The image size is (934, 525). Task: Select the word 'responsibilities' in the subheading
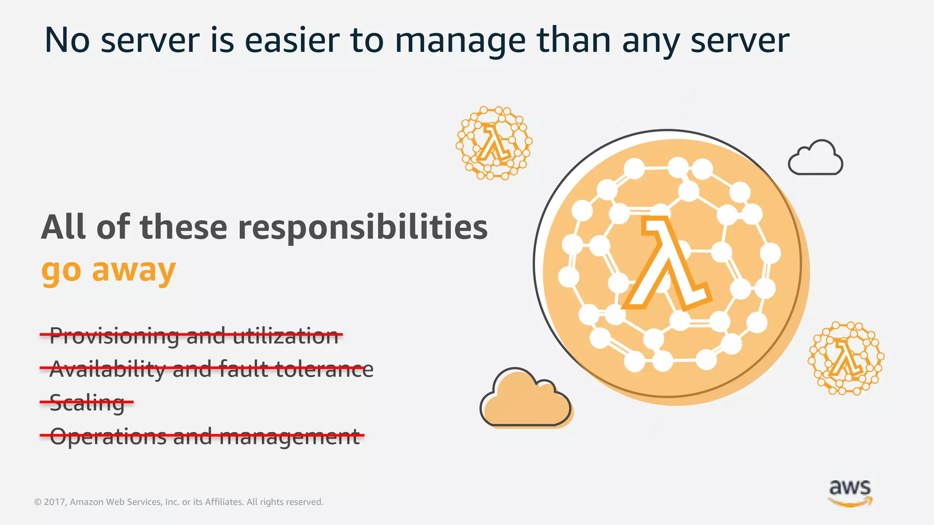coord(363,227)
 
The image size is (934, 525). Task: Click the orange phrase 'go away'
coord(108,271)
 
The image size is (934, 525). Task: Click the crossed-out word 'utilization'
coord(285,336)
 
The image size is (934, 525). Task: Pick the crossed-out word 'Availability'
coord(107,369)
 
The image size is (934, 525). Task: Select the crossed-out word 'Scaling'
coord(87,403)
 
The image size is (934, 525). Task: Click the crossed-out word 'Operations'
coord(108,436)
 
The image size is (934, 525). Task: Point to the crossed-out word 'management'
coord(290,437)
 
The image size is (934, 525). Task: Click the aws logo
coord(850,493)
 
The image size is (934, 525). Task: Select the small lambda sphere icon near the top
coord(494,143)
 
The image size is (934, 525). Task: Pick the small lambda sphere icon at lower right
coord(846,358)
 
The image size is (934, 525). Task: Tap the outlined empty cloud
coord(816,158)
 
